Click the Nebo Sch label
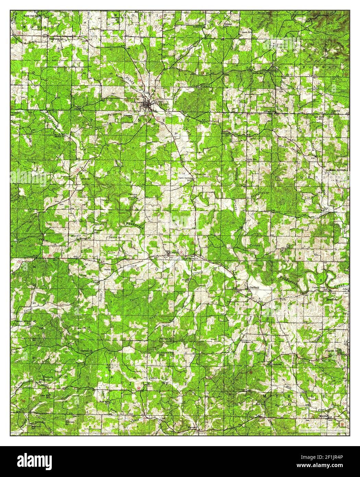point(251,160)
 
